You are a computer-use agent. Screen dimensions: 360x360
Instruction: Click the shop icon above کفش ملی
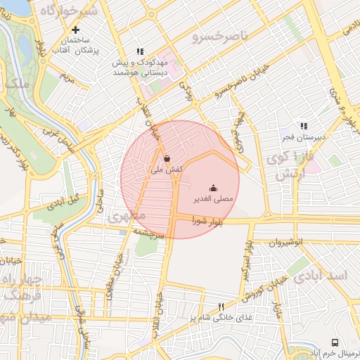click(x=167, y=158)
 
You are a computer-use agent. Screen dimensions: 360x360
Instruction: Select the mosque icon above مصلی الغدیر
click(x=214, y=188)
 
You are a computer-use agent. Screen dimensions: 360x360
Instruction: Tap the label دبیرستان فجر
click(x=304, y=137)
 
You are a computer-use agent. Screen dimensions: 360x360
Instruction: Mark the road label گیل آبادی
click(x=64, y=202)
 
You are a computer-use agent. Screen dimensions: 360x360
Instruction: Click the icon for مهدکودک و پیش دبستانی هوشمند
click(x=140, y=51)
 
